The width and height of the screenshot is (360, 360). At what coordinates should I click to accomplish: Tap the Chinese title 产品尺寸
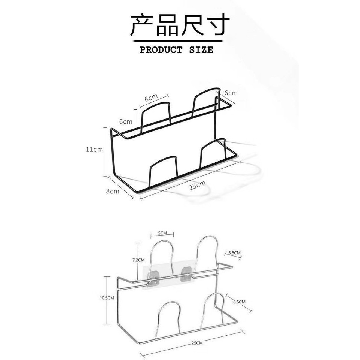pyautogui.click(x=180, y=25)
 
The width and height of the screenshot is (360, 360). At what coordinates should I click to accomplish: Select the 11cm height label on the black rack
pyautogui.click(x=94, y=150)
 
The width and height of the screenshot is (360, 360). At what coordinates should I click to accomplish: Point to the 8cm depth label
pyautogui.click(x=112, y=191)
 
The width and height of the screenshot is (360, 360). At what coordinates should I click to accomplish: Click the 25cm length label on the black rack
pyautogui.click(x=197, y=185)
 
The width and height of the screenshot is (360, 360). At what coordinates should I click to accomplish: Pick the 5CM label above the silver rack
pyautogui.click(x=162, y=233)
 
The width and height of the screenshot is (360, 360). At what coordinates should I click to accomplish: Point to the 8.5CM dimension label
pyautogui.click(x=239, y=301)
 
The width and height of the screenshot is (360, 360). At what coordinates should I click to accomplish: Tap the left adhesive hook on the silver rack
pyautogui.click(x=154, y=275)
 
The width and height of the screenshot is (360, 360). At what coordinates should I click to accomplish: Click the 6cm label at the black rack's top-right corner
pyautogui.click(x=231, y=93)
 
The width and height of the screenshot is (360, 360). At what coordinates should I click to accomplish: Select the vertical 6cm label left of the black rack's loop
pyautogui.click(x=126, y=122)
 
